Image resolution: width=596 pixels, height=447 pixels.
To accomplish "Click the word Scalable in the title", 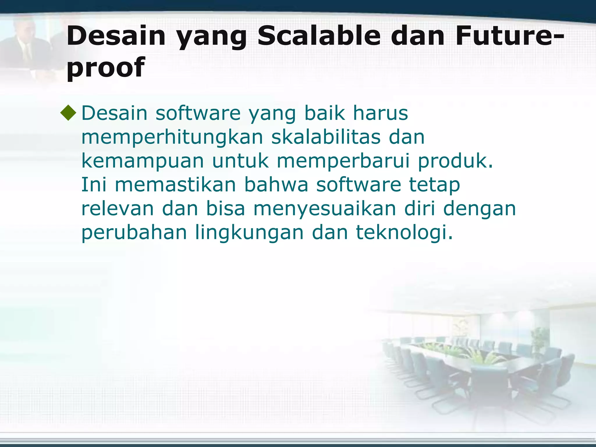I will [319, 36].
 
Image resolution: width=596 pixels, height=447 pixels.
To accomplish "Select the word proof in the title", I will [105, 68].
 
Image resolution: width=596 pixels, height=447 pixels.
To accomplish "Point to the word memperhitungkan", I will [172, 137].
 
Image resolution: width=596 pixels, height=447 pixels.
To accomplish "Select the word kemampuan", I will [142, 161].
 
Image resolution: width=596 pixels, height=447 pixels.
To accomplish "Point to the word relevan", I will [117, 209].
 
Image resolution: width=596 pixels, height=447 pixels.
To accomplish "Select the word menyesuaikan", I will [324, 209].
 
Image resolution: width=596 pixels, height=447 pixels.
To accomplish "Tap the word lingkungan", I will [249, 233].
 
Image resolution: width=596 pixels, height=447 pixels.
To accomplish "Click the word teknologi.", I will [404, 233].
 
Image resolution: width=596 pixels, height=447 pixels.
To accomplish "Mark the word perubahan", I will [134, 233].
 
